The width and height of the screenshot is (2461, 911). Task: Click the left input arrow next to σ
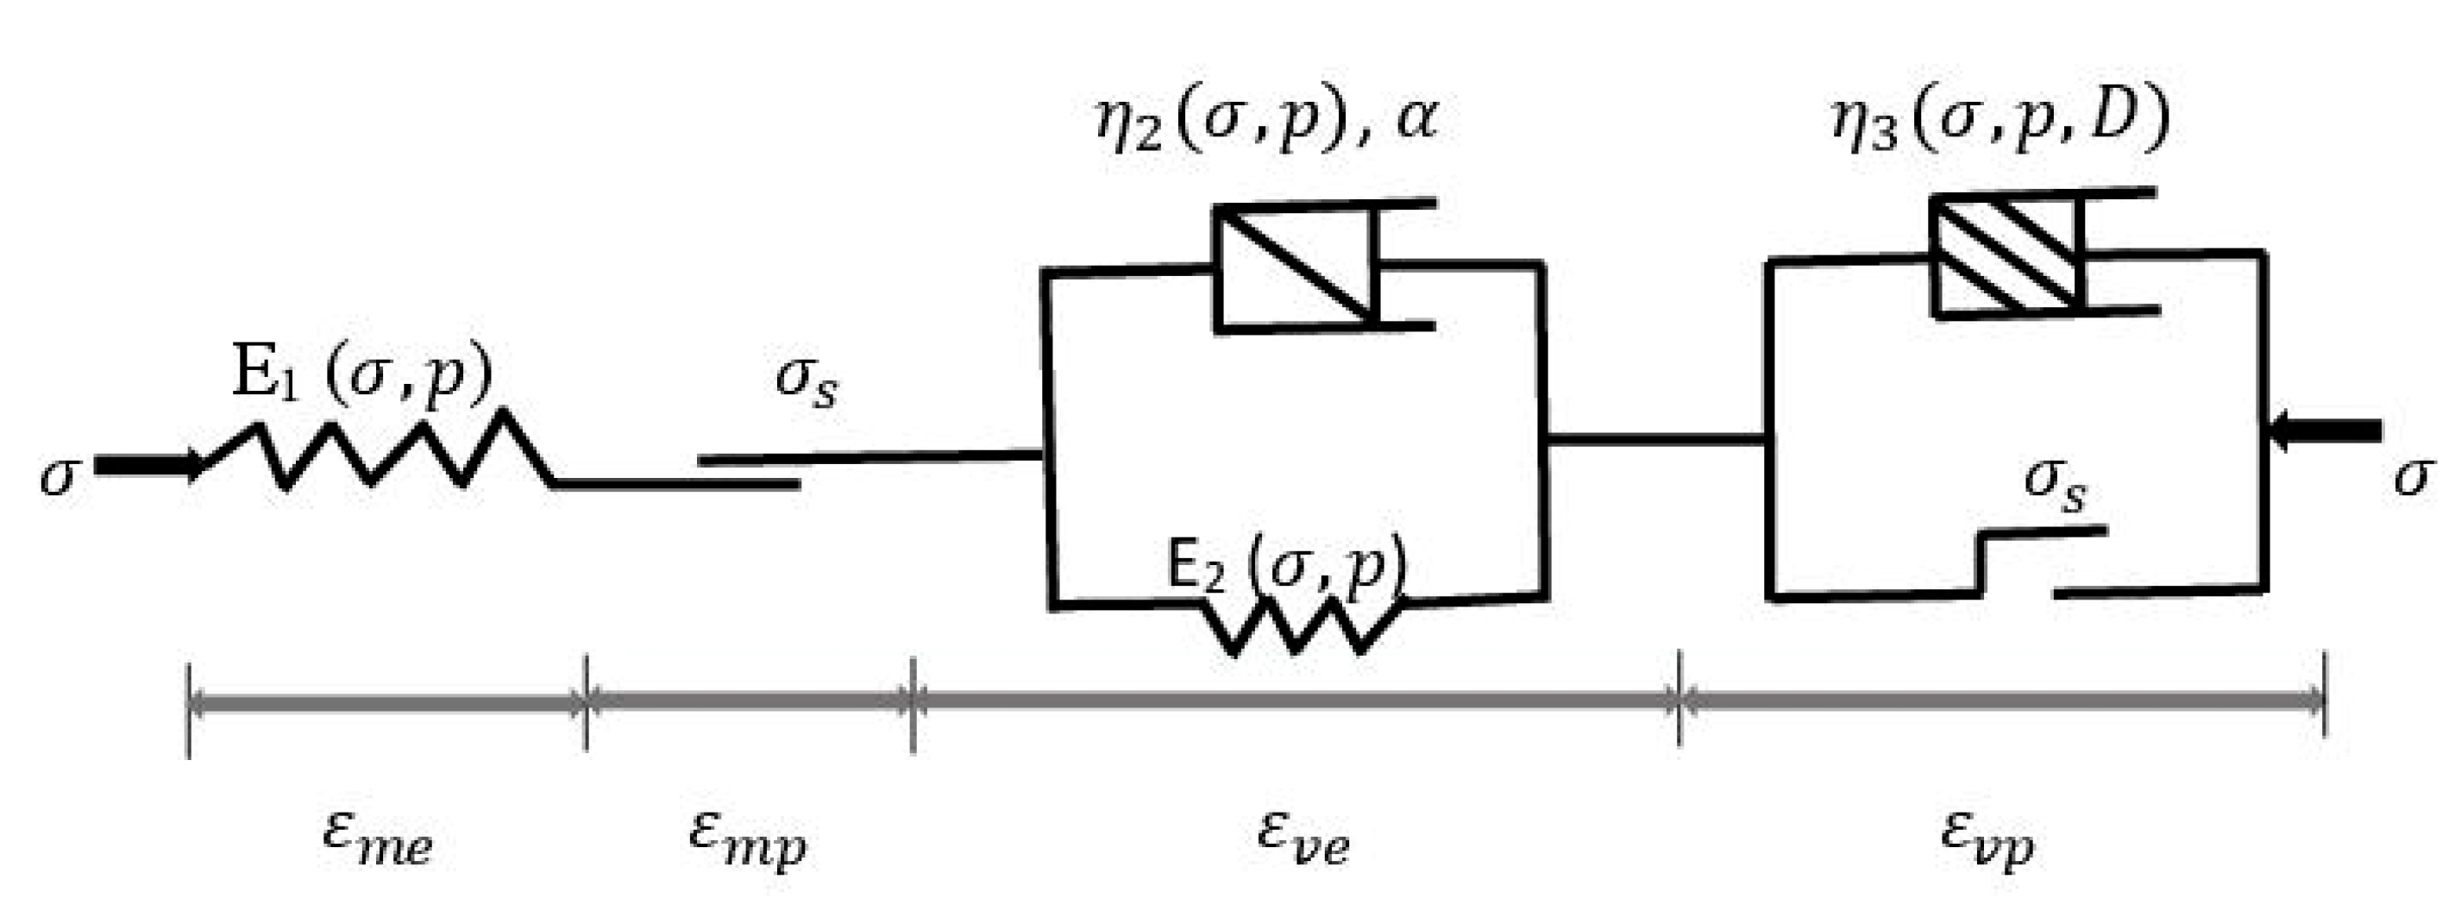[x=148, y=466]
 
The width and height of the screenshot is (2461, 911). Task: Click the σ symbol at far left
[x=56, y=475]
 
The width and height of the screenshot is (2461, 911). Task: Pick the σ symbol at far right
[x=2408, y=475]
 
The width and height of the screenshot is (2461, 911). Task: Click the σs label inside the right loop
[x=2055, y=485]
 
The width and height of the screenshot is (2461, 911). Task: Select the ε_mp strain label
[x=748, y=840]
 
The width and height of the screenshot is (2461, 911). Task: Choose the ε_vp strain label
[x=1988, y=840]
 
